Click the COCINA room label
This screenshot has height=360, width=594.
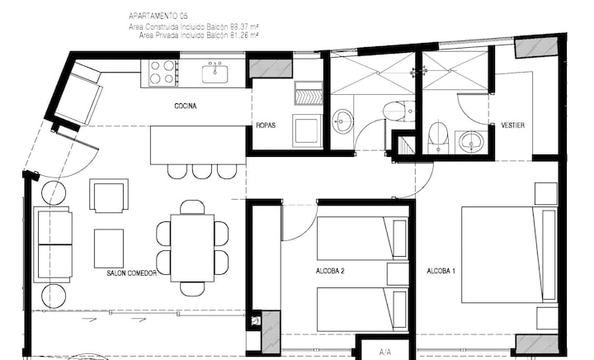tap(186, 107)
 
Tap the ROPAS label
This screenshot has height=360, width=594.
tap(266, 126)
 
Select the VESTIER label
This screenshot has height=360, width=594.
tap(512, 126)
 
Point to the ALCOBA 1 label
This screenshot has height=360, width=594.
tap(441, 271)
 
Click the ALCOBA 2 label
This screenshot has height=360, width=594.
tap(330, 271)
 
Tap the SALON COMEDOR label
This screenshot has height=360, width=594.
tap(131, 273)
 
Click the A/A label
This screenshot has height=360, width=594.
tap(385, 352)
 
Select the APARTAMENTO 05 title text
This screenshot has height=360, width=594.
tap(158, 16)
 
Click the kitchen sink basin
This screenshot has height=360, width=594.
tap(214, 73)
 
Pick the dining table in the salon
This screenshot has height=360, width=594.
tap(192, 249)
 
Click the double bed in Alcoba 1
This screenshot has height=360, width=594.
tap(509, 254)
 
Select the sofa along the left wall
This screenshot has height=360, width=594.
tap(53, 244)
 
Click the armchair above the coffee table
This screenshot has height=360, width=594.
tap(109, 196)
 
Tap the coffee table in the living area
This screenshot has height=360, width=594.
tap(109, 249)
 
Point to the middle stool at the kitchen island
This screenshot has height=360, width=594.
tap(202, 171)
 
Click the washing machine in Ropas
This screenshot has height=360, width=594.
tap(307, 130)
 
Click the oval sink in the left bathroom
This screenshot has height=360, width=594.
tap(342, 121)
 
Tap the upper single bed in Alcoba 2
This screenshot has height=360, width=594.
tap(362, 239)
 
